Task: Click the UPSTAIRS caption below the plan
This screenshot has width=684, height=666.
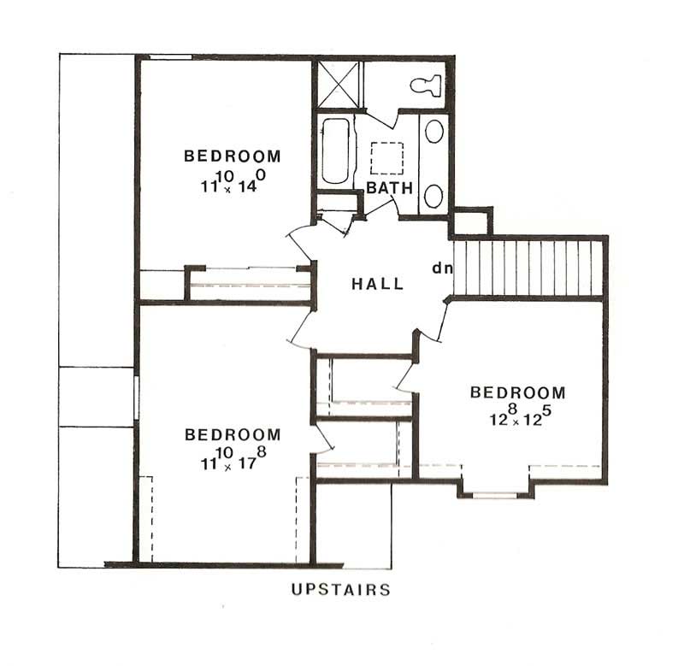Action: coord(340,590)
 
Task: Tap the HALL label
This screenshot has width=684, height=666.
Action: coord(378,284)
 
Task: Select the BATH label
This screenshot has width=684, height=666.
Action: coord(390,188)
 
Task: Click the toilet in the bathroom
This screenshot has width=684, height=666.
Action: coord(425,84)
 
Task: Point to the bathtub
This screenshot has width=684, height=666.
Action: coord(335,150)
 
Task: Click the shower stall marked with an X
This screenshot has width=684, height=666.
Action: coord(340,84)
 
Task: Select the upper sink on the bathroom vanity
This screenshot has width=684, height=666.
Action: coord(434,134)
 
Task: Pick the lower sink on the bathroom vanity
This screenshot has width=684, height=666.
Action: coord(434,194)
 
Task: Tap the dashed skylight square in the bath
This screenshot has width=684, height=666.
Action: coord(387,159)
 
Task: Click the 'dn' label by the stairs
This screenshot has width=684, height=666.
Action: coord(441,268)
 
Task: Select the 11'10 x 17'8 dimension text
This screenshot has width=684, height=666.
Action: coord(233,460)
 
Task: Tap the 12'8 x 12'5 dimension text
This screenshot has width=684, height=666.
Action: coord(517,418)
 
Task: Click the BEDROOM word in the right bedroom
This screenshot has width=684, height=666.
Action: coord(518,392)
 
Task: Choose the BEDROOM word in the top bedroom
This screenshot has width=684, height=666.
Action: coord(233,156)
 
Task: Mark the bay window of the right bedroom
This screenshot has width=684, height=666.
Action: coord(496,489)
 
